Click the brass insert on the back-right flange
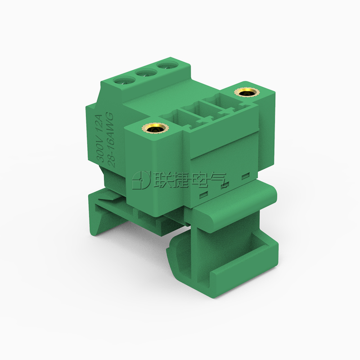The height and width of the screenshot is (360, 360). click(x=247, y=93)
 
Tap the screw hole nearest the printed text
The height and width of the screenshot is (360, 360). click(x=125, y=81)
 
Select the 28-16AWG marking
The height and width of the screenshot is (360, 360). click(x=111, y=139)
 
